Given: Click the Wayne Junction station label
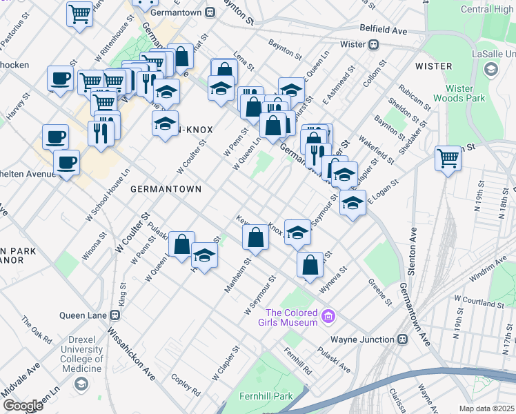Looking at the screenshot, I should (361, 339).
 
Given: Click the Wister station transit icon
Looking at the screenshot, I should (373, 45).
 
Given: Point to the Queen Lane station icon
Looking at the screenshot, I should (115, 315).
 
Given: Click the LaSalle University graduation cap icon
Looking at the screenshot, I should (490, 68).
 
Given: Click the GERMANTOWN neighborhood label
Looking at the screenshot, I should (166, 188).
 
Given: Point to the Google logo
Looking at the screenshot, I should (23, 406).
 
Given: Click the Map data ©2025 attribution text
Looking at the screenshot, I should (487, 408).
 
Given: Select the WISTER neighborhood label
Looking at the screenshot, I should (434, 66).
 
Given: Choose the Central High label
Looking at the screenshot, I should (486, 9).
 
